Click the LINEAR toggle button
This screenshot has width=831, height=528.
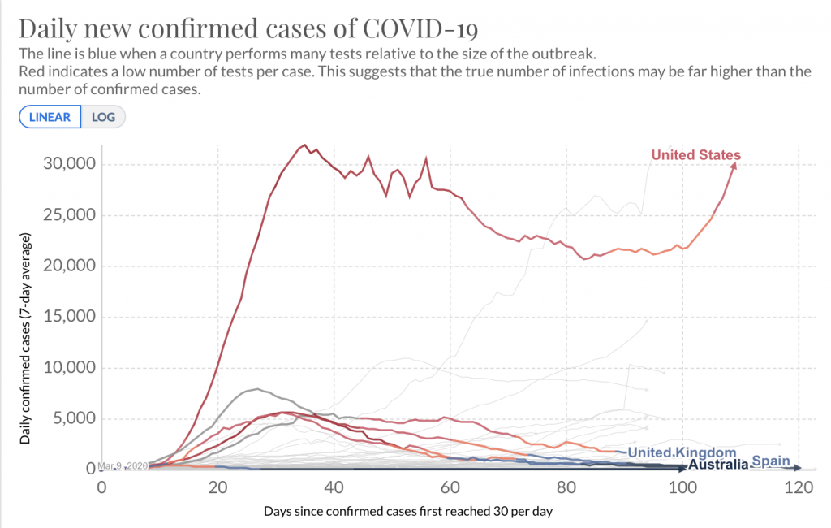pos(50,116)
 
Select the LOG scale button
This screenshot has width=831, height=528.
pos(104,116)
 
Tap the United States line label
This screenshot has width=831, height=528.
pos(695,155)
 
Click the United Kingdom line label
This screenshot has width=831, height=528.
pos(682,452)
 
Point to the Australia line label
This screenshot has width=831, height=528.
pos(717,465)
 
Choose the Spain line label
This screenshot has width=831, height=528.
pos(770,461)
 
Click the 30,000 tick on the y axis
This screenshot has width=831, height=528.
pos(68,164)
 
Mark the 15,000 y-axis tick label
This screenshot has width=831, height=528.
pos(68,317)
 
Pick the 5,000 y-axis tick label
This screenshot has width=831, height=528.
pos(73,418)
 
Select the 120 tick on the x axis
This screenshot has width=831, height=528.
pos(799,487)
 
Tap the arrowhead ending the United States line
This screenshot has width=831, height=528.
pos(734,165)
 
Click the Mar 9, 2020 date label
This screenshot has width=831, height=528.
pos(122,466)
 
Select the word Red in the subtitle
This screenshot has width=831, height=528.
pos(31,71)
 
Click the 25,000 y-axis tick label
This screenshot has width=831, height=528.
pos(68,215)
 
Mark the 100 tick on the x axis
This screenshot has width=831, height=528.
pos(682,487)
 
